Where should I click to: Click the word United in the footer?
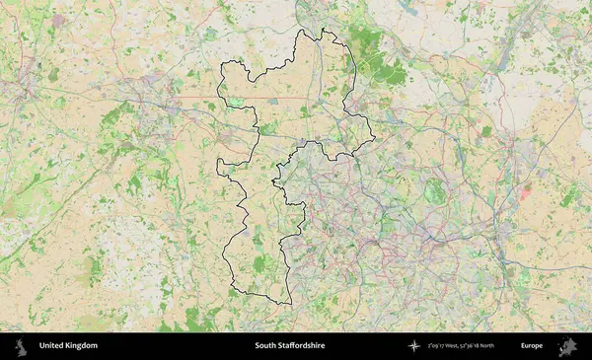pyautogui.click(x=52, y=346)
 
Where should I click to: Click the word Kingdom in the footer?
pyautogui.click(x=81, y=346)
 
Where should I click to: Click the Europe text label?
pyautogui.click(x=532, y=346)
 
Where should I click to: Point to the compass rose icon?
pyautogui.click(x=413, y=346)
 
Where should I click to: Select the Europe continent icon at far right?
pyautogui.click(x=567, y=346)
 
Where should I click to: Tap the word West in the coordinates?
pyautogui.click(x=459, y=346)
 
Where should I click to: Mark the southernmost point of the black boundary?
pyautogui.click(x=289, y=305)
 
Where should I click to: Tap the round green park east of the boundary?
pyautogui.click(x=434, y=191)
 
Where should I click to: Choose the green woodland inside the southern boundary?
pyautogui.click(x=259, y=263)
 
